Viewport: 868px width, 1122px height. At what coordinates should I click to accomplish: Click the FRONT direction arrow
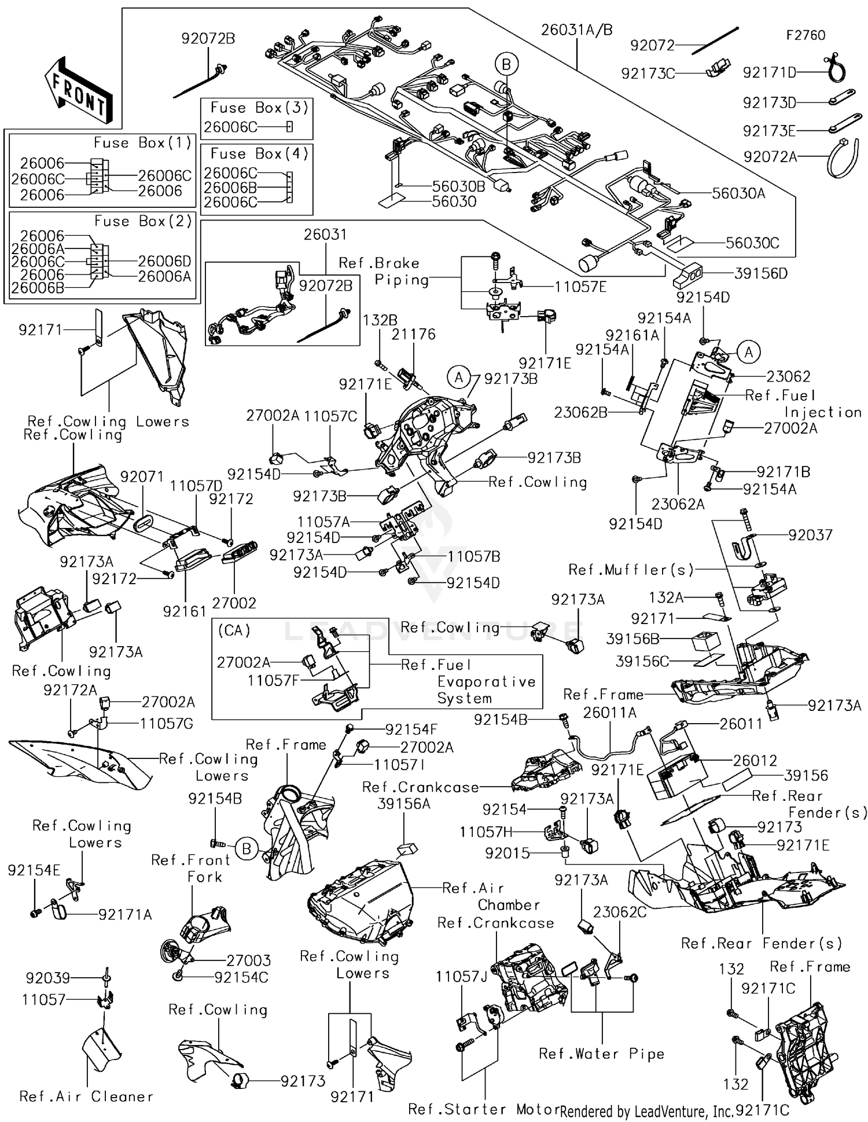78,91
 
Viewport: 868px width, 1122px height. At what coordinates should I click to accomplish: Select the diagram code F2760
805,35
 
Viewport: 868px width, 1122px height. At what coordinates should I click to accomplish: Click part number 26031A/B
576,30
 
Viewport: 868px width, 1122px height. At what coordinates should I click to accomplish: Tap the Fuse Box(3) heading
259,108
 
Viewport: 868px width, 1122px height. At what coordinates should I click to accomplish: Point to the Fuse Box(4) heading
259,153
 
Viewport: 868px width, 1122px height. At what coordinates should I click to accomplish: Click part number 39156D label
761,273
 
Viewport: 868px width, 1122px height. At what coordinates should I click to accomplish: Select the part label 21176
413,334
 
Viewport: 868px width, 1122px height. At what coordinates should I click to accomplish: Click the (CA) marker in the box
234,630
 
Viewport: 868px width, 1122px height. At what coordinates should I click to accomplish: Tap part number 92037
810,535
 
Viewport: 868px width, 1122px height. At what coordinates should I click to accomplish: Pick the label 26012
755,761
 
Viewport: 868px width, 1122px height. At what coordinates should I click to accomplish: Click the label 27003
248,960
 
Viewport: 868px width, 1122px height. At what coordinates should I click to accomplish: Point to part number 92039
47,978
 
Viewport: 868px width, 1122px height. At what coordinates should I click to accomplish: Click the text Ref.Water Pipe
601,1054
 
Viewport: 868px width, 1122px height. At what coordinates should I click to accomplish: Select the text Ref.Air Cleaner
86,1097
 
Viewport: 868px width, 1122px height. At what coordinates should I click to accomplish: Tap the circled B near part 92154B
247,849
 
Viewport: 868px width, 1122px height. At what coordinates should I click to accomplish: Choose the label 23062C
620,912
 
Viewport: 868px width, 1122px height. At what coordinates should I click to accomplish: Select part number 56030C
752,243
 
